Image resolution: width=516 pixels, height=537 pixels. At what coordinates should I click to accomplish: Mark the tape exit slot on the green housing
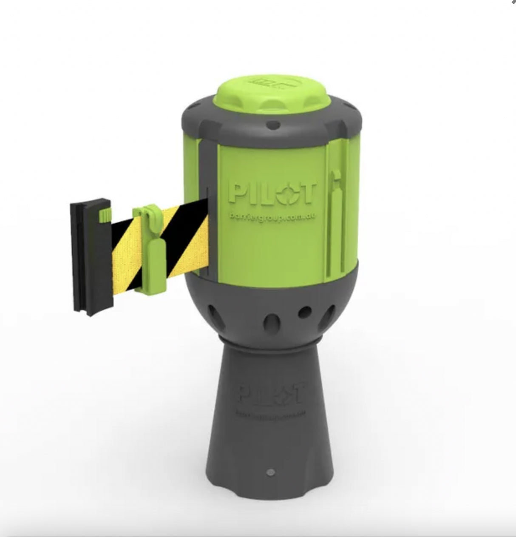pyautogui.click(x=208, y=230)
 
